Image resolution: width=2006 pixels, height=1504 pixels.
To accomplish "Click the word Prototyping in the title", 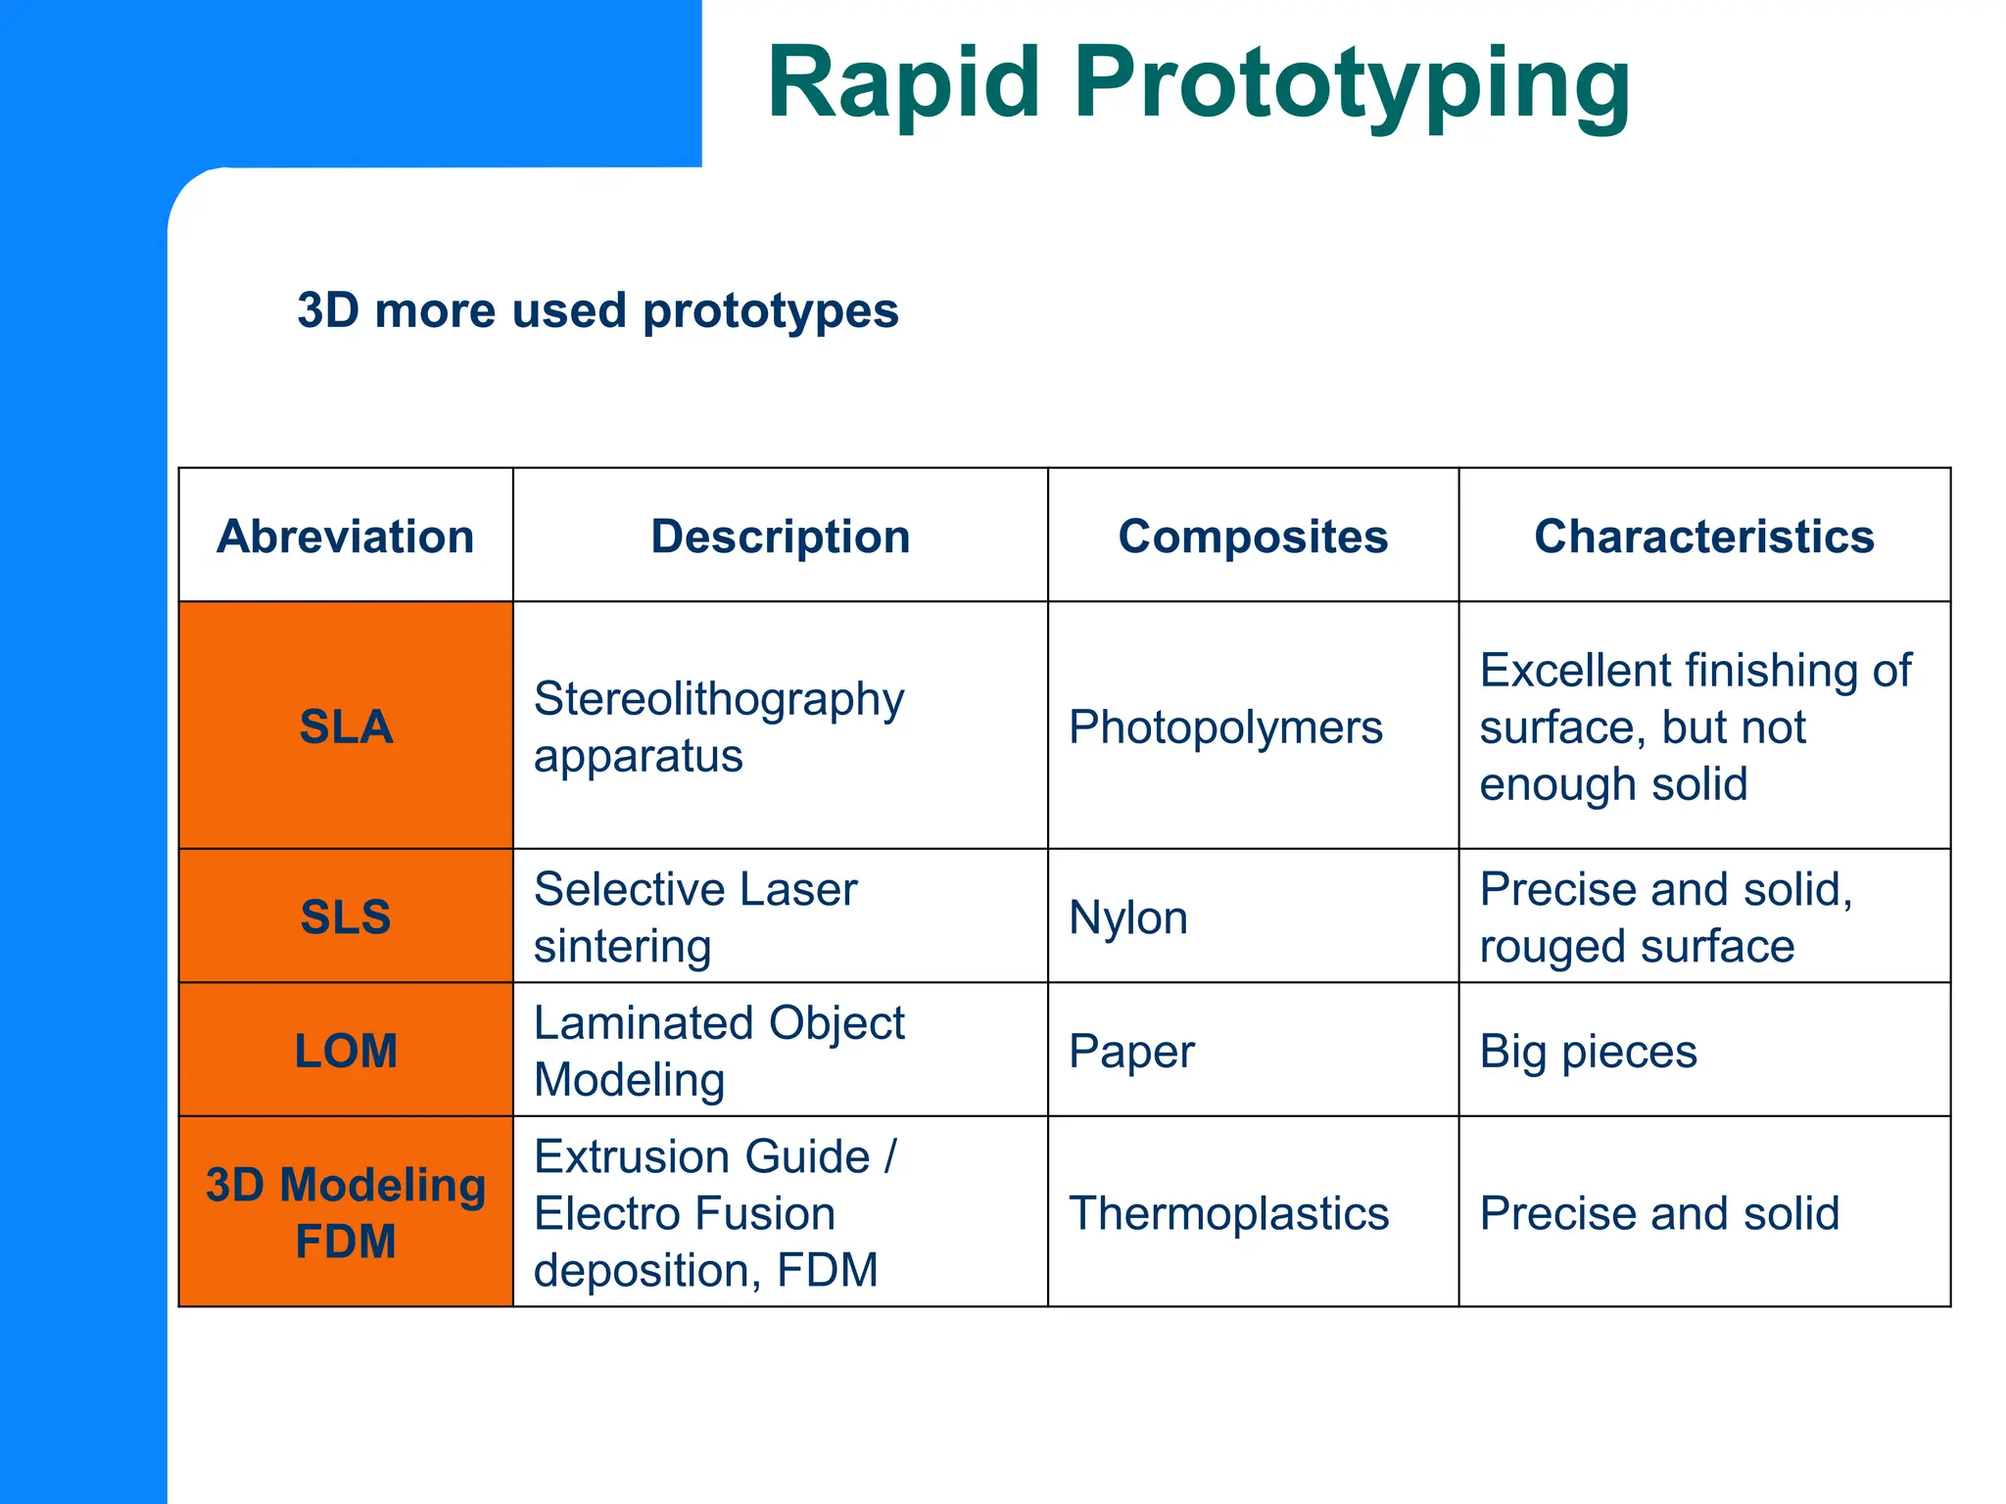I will (1352, 84).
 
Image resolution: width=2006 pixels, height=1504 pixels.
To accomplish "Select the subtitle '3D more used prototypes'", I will (597, 310).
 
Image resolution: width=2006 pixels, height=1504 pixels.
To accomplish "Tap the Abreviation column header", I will (346, 537).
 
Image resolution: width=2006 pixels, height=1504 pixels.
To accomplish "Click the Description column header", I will (781, 537).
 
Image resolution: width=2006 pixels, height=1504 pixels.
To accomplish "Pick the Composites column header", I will (1253, 537).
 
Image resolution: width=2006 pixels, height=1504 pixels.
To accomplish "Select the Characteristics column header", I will (1703, 537).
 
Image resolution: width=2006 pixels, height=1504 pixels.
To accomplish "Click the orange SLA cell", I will (346, 727).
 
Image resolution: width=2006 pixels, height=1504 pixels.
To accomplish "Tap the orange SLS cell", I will (346, 916).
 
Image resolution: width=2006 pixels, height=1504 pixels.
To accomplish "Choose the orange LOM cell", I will (346, 1051).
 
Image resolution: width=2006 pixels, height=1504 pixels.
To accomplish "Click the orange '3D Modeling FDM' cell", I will (346, 1212).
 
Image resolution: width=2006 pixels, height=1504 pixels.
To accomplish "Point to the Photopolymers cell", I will (1225, 728).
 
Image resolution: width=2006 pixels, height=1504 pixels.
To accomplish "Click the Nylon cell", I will (1128, 918).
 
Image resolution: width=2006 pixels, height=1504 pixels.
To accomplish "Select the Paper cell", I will (1131, 1052).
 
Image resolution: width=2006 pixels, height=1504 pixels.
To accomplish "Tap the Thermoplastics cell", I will (1228, 1213).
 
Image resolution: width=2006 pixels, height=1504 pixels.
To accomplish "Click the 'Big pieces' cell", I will (1588, 1052).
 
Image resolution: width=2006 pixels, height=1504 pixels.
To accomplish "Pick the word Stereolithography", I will (719, 700).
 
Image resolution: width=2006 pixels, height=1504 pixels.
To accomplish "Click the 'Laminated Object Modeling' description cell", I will (719, 1051).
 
